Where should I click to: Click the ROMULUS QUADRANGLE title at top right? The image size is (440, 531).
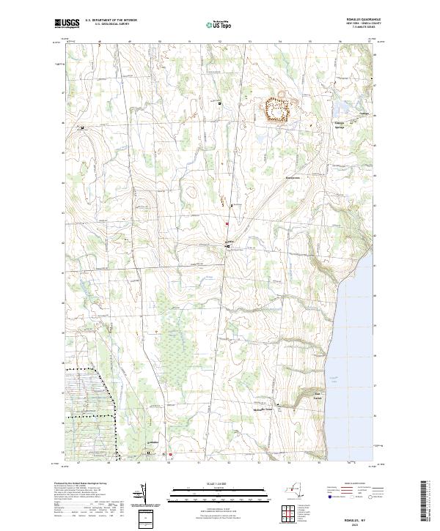click(x=360, y=19)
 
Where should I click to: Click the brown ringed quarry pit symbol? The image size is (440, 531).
click(x=278, y=110)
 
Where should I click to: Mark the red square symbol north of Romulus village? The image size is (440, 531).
click(x=227, y=223)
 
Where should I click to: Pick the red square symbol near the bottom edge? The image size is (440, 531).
click(x=170, y=453)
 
